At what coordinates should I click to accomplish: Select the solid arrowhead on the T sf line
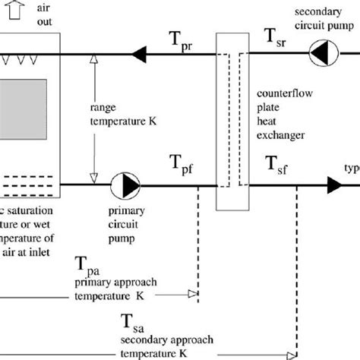pos(334,183)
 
